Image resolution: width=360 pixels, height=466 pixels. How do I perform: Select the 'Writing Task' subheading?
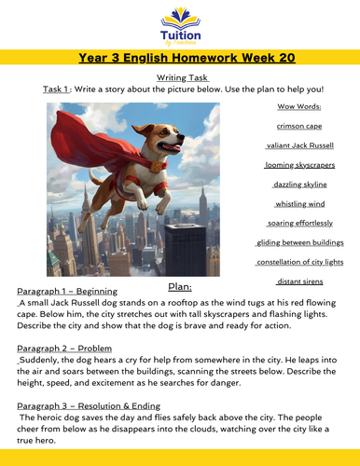pos(179,77)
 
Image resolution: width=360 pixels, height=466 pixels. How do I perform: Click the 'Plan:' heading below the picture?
pos(180,288)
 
